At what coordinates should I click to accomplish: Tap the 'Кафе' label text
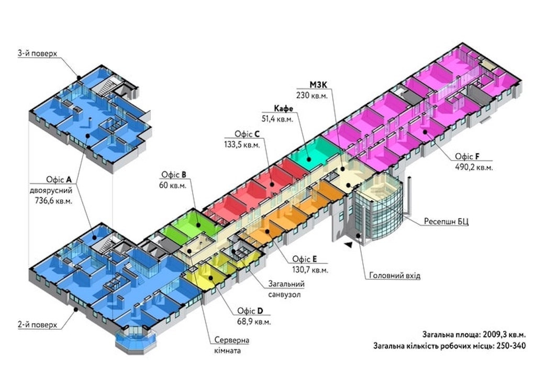[x=283, y=108]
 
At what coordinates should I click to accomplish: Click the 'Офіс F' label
[x=467, y=157]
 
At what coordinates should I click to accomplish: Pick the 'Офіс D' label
[x=250, y=309]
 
